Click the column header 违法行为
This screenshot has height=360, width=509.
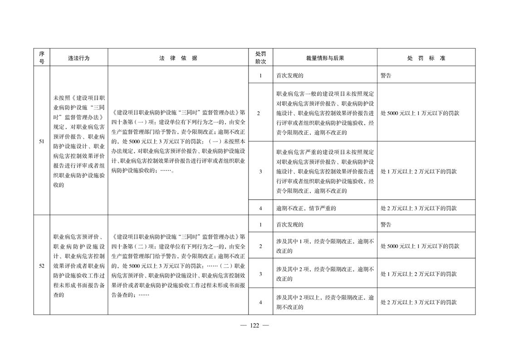[x=78, y=58]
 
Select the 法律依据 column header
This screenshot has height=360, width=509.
[x=178, y=58]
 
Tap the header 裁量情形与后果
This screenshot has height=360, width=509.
[x=325, y=58]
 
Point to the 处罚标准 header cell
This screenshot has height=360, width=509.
[x=426, y=58]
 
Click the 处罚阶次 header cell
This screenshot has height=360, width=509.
[x=260, y=58]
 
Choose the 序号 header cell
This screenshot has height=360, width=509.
[x=41, y=58]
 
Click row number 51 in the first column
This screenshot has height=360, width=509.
[x=41, y=142]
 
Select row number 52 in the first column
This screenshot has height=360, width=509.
[x=41, y=266]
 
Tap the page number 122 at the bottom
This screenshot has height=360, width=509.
[x=254, y=325]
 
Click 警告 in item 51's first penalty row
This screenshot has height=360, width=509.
[x=386, y=76]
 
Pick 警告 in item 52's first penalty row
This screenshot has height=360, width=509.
[x=386, y=224]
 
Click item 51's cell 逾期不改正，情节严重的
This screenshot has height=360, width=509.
[x=308, y=208]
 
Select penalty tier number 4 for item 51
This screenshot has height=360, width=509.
[x=260, y=208]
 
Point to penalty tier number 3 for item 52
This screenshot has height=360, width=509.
[x=260, y=274]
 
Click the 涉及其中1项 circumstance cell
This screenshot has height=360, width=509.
[x=325, y=246]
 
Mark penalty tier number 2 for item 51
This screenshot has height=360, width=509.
[x=260, y=113]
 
